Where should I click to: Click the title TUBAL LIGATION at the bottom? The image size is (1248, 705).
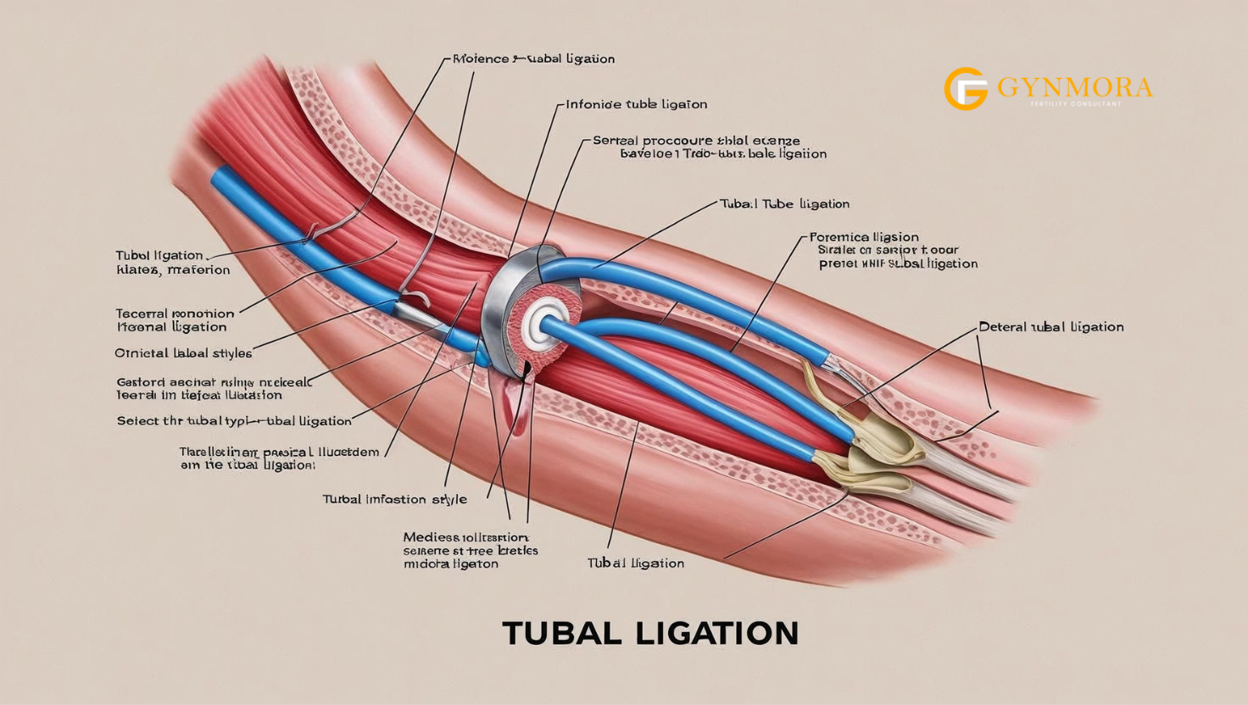click(650, 633)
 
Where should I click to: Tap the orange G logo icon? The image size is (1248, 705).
click(966, 89)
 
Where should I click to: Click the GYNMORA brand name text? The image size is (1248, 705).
click(1074, 87)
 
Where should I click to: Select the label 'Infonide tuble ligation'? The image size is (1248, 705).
click(636, 104)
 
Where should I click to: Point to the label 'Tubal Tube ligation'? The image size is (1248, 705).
click(784, 203)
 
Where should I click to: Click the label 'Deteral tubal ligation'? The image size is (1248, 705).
click(1050, 326)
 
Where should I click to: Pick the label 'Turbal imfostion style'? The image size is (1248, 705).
click(394, 499)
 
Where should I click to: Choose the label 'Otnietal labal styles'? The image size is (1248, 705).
click(183, 352)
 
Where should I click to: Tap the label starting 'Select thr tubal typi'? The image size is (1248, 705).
click(234, 420)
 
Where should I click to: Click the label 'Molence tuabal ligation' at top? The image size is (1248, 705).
click(533, 58)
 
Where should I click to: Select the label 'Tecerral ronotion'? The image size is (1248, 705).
click(175, 314)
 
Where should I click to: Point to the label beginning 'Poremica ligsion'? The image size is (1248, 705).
click(864, 237)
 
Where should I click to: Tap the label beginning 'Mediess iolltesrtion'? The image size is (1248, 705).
click(465, 537)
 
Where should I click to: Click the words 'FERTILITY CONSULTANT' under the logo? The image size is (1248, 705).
click(1075, 104)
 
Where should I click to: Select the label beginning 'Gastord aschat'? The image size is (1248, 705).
click(214, 382)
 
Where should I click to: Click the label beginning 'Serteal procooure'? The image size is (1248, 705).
click(696, 141)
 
